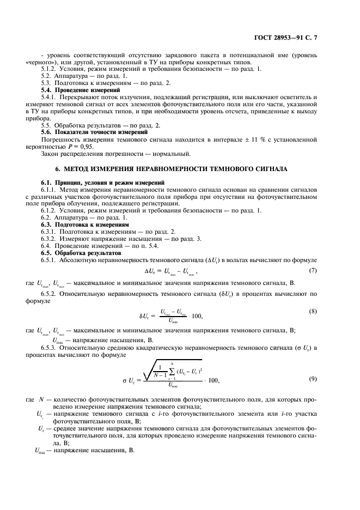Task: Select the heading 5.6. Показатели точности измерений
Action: [88, 132]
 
